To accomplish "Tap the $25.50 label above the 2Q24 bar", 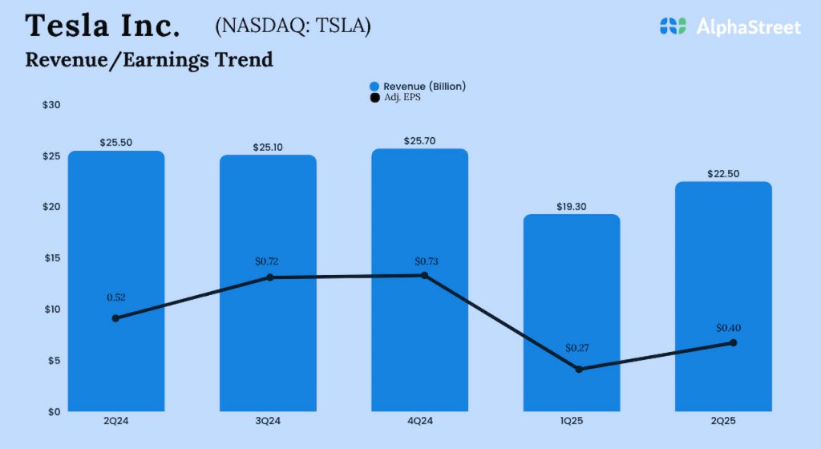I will pyautogui.click(x=116, y=142).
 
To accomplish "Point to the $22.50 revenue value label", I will pyautogui.click(x=723, y=172).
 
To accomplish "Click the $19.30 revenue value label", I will pyautogui.click(x=572, y=206).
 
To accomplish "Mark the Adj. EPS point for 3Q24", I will pyautogui.click(x=269, y=277).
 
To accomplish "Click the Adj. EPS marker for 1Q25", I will pyautogui.click(x=578, y=369).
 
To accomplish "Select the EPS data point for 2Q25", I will pyautogui.click(x=733, y=342).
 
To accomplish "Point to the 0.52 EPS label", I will pyautogui.click(x=117, y=297).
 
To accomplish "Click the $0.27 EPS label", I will pyautogui.click(x=577, y=348).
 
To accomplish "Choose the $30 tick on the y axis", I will pyautogui.click(x=51, y=105).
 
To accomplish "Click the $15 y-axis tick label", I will pyautogui.click(x=51, y=258).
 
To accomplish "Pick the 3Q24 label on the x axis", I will pyautogui.click(x=268, y=422).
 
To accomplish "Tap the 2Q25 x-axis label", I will pyautogui.click(x=723, y=422).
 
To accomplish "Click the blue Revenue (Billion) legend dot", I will pyautogui.click(x=374, y=87).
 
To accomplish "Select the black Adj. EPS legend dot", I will pyautogui.click(x=374, y=98).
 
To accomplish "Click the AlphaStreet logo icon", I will pyautogui.click(x=673, y=26).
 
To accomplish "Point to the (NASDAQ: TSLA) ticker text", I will pyautogui.click(x=293, y=26).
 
